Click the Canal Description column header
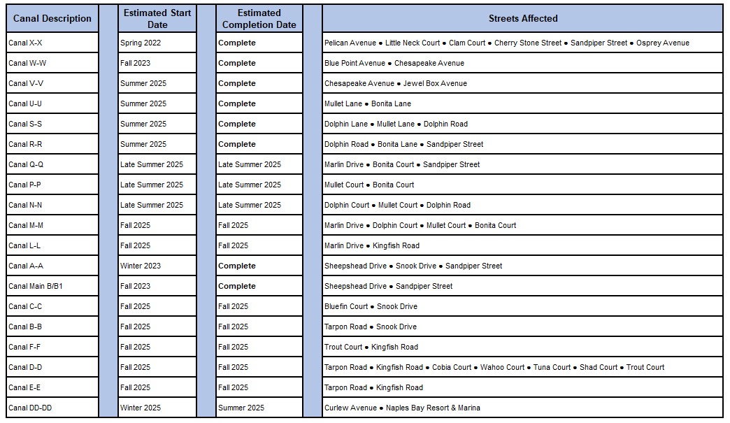click(x=52, y=19)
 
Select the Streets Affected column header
click(x=522, y=19)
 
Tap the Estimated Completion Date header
click(x=259, y=19)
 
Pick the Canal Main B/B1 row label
click(x=36, y=287)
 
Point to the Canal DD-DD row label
click(x=30, y=408)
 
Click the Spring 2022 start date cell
click(x=141, y=43)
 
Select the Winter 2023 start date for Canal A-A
click(x=141, y=266)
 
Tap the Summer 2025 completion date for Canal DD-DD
click(x=241, y=408)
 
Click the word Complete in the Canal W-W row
click(x=237, y=64)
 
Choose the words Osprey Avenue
click(x=663, y=43)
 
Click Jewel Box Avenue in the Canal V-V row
click(x=435, y=84)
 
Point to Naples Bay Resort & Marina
click(x=434, y=408)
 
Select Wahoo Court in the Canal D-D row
click(x=502, y=368)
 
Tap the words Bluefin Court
click(x=346, y=307)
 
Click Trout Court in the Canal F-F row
click(x=343, y=347)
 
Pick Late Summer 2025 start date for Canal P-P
click(x=152, y=185)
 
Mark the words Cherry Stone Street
click(x=528, y=43)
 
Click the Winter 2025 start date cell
click(x=141, y=408)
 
